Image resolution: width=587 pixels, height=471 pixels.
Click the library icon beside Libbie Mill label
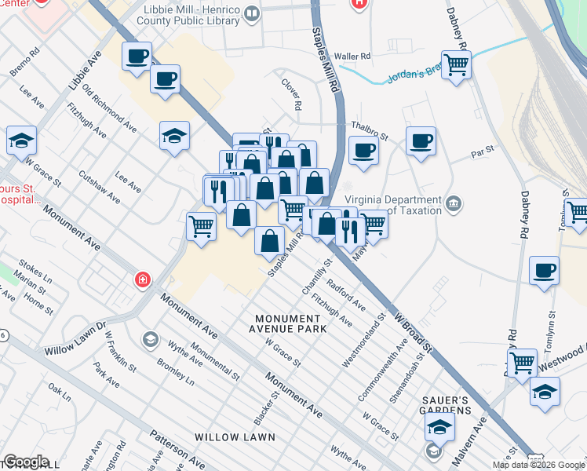pyautogui.click(x=251, y=13)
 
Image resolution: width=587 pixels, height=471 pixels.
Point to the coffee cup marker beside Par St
pyautogui.click(x=421, y=141)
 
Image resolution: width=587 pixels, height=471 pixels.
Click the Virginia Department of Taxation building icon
pyautogui.click(x=454, y=205)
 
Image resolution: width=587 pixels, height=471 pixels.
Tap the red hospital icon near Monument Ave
pyautogui.click(x=142, y=279)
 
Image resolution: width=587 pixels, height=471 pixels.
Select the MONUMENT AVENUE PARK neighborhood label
pyautogui.click(x=290, y=323)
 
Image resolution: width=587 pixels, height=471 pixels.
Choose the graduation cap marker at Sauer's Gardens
pyautogui.click(x=440, y=427)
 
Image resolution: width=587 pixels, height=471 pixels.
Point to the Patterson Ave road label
pyautogui.click(x=184, y=451)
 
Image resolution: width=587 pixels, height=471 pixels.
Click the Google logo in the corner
pyautogui.click(x=26, y=462)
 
